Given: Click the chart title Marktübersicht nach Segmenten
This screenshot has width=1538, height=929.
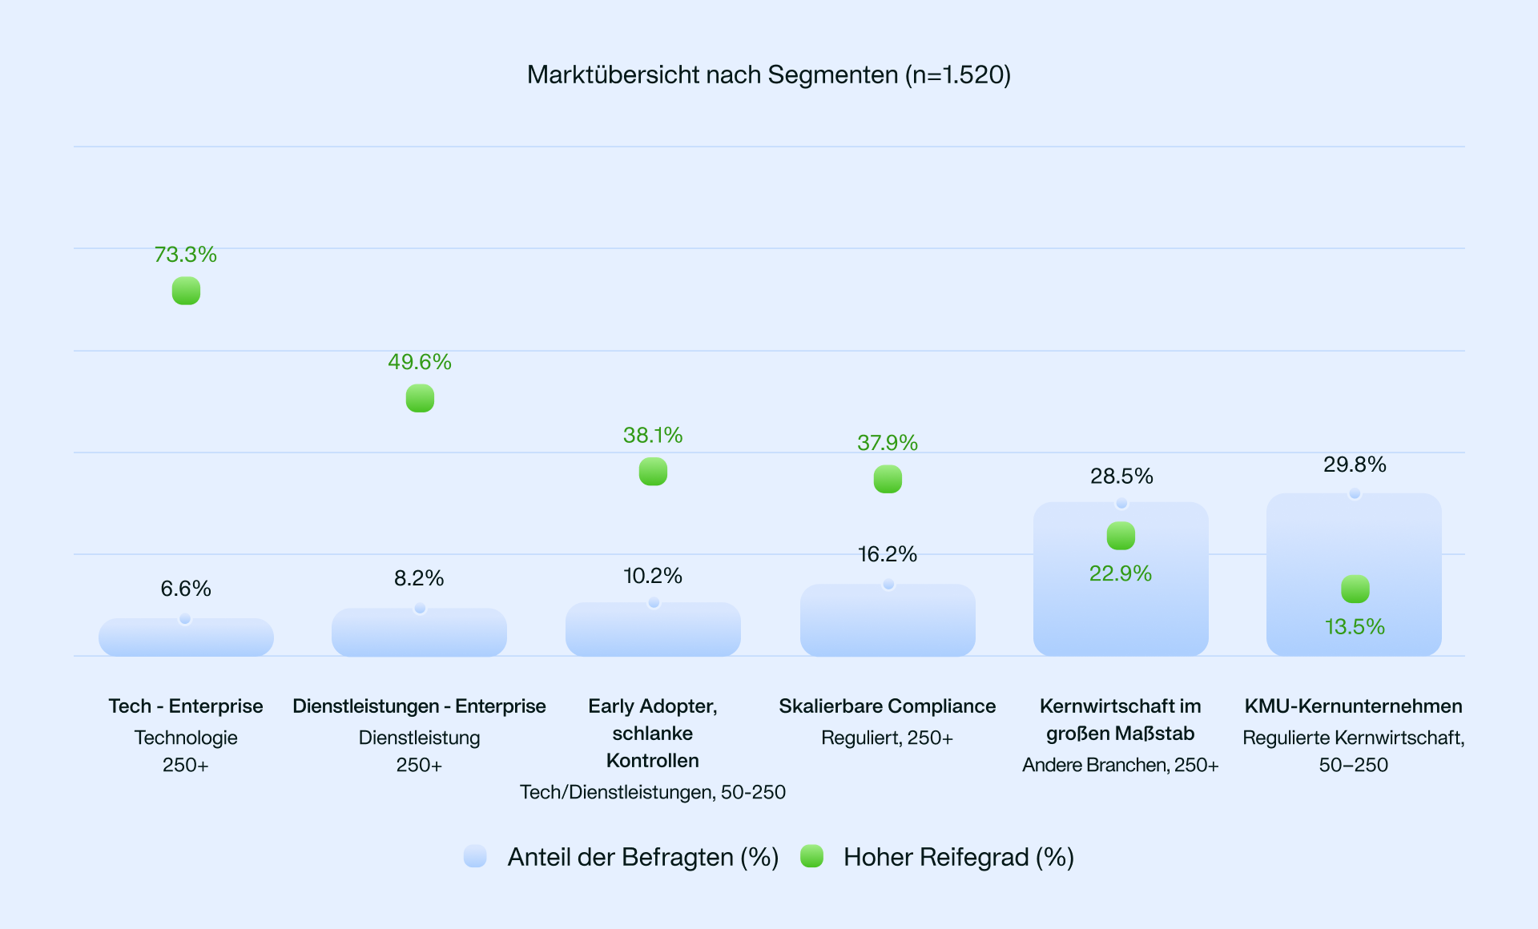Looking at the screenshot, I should [768, 74].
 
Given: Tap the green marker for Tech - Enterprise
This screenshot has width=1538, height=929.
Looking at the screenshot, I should [186, 291].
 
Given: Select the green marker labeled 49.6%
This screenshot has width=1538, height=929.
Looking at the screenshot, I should [420, 398].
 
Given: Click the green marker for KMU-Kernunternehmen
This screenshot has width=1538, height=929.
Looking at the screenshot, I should [1355, 589].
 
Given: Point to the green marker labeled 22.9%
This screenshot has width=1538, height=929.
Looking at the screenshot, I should [1121, 536].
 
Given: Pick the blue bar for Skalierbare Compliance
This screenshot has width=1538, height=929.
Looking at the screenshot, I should [888, 621].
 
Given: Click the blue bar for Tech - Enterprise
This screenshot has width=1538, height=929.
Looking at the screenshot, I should [186, 637].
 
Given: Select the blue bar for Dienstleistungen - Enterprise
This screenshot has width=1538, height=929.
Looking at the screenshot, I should [419, 633].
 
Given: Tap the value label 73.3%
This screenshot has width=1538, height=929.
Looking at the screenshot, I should [186, 255].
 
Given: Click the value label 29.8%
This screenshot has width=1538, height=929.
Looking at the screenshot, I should [1355, 464].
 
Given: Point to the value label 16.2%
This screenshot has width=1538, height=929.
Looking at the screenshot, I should [888, 554].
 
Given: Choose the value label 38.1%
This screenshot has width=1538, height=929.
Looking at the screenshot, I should [653, 436].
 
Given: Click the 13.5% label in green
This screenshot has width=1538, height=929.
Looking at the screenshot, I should [1355, 626].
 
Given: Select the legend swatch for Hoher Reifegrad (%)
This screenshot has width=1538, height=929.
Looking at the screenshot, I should [812, 856].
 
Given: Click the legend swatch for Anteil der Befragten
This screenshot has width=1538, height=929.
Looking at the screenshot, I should [475, 856].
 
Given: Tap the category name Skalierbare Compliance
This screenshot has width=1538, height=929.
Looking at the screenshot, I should [888, 706].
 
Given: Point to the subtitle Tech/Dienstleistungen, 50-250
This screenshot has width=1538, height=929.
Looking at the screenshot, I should [653, 792].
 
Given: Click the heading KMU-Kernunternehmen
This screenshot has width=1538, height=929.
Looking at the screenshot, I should [1354, 706].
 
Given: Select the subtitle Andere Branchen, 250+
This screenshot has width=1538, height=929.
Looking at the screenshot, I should [1121, 765].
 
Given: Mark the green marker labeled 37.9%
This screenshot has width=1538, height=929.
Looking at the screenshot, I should [888, 479].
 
